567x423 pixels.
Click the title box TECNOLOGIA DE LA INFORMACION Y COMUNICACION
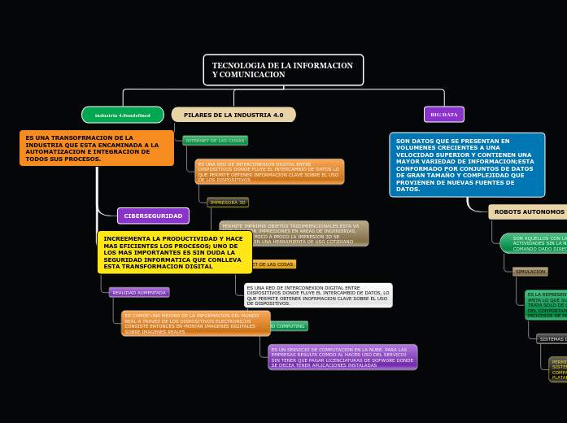(x=283, y=70)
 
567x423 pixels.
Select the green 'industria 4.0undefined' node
(x=123, y=115)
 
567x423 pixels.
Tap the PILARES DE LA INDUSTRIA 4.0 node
(x=233, y=115)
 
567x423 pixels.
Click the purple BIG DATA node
(x=444, y=115)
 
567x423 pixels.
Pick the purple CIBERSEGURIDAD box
(x=153, y=216)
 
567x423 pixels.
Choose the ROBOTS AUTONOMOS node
(x=529, y=212)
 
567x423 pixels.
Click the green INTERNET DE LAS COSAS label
(x=215, y=141)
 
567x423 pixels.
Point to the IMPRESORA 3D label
(x=228, y=202)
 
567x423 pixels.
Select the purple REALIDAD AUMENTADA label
(x=139, y=292)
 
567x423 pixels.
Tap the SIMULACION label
(x=530, y=272)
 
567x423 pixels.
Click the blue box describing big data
(x=467, y=165)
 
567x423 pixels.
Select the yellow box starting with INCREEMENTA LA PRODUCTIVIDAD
(x=174, y=252)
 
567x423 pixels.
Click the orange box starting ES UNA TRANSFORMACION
(x=96, y=148)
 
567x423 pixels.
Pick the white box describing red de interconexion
(x=318, y=295)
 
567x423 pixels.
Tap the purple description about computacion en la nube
(x=342, y=357)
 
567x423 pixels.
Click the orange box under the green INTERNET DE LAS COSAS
(x=269, y=172)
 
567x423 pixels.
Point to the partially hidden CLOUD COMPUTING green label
(x=288, y=326)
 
